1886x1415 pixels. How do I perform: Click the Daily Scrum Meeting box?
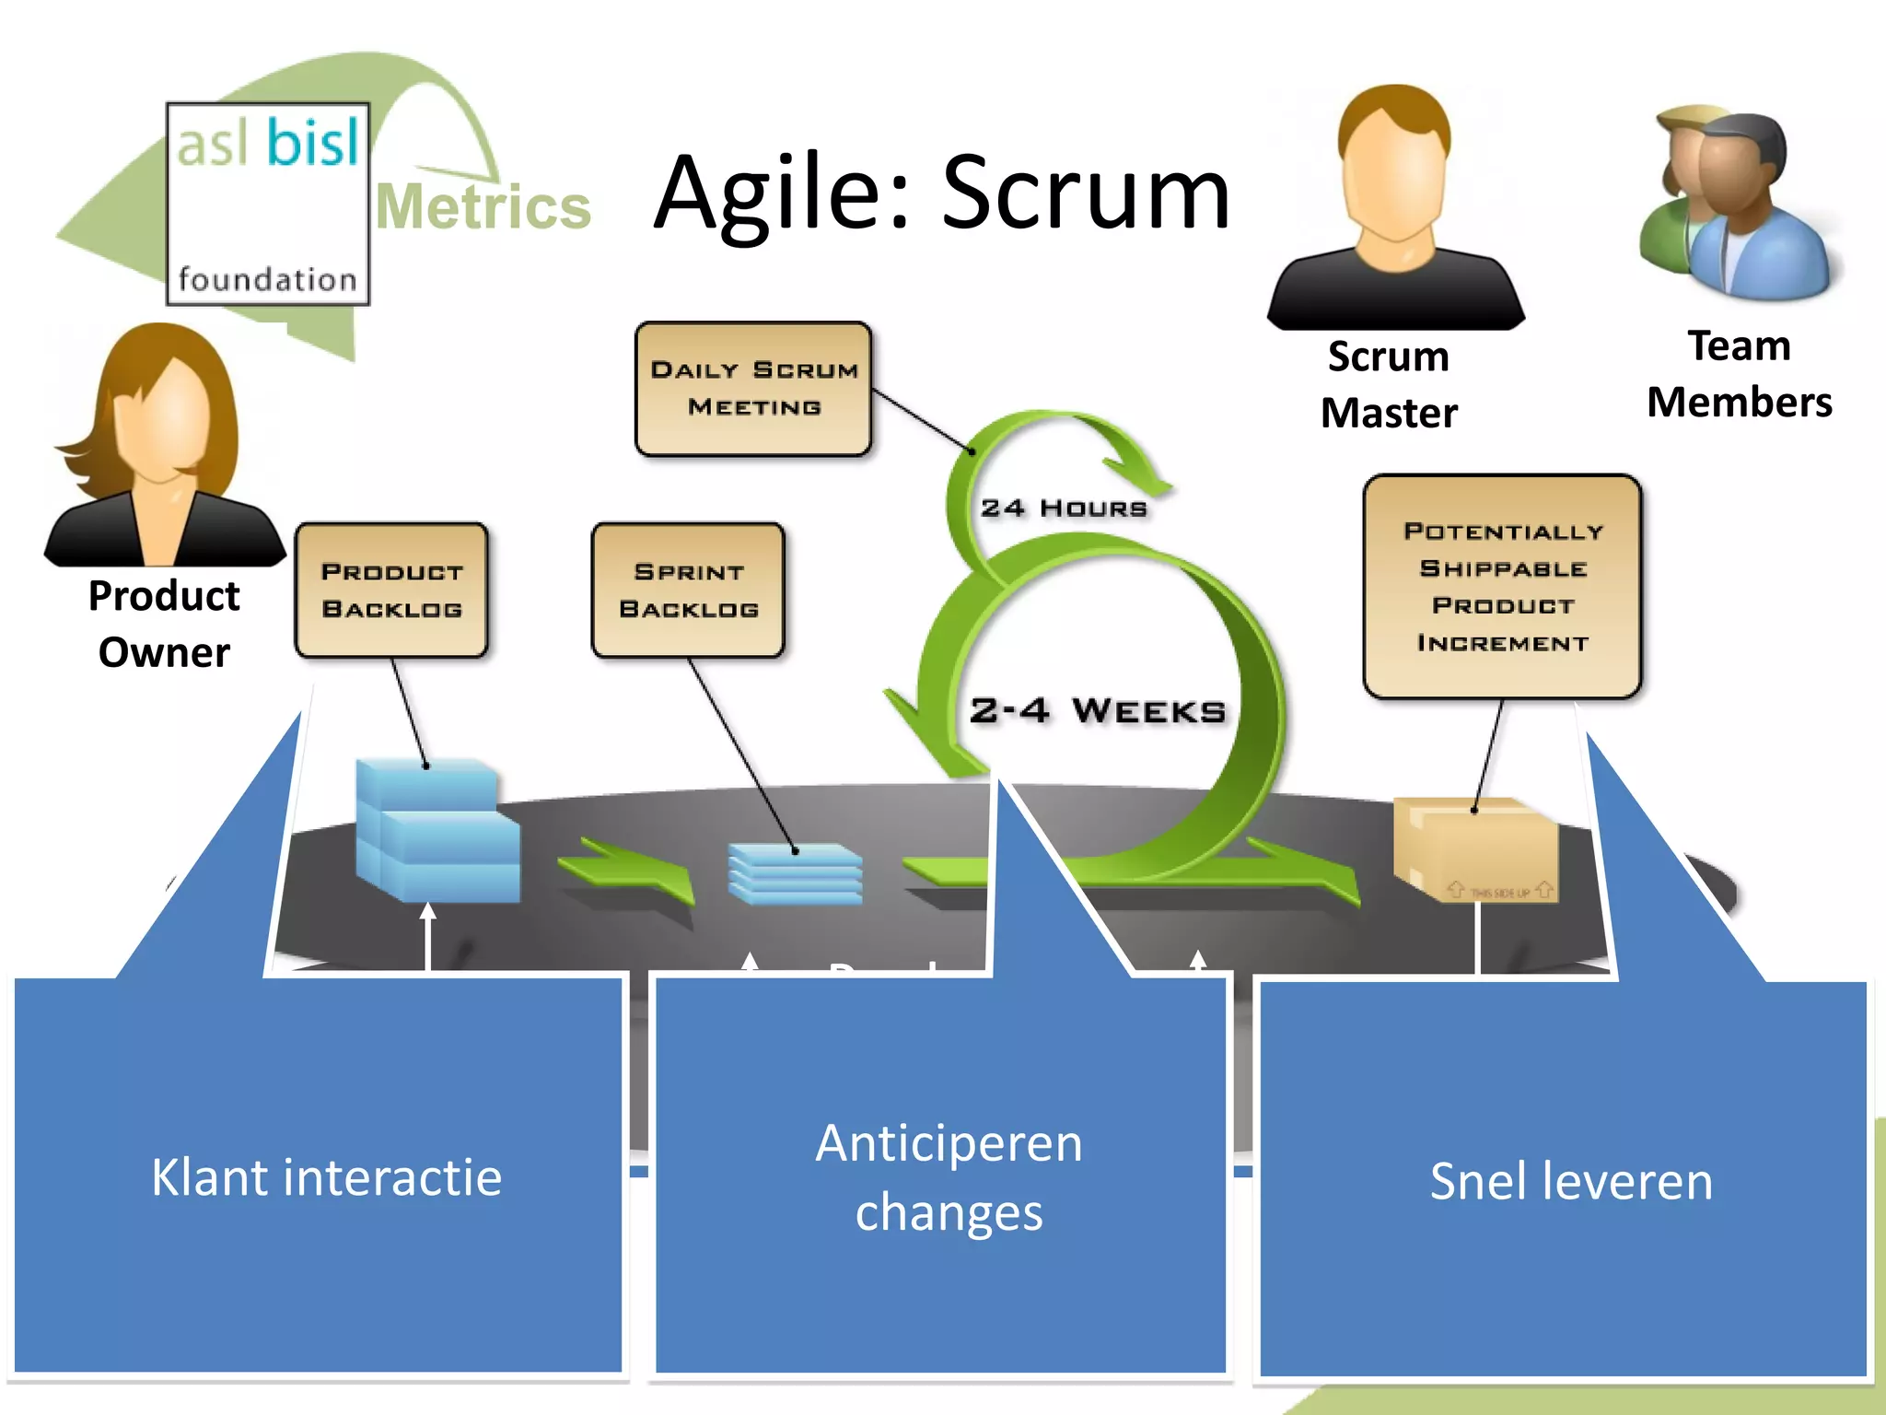[753, 389]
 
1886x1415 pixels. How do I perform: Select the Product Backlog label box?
[391, 591]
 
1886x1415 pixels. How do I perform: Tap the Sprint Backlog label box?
[688, 591]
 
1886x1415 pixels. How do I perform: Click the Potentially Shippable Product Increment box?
[1502, 587]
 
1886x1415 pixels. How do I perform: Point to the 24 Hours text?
[1064, 509]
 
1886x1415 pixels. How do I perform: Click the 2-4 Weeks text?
[1097, 711]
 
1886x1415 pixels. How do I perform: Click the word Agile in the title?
[783, 193]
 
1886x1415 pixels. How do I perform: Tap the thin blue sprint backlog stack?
[795, 873]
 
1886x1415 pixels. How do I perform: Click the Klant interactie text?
[326, 1178]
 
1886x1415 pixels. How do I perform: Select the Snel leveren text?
[1570, 1181]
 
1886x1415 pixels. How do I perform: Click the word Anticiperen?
[949, 1144]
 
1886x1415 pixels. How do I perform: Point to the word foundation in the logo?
[267, 279]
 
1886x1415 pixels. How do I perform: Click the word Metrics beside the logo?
[483, 207]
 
